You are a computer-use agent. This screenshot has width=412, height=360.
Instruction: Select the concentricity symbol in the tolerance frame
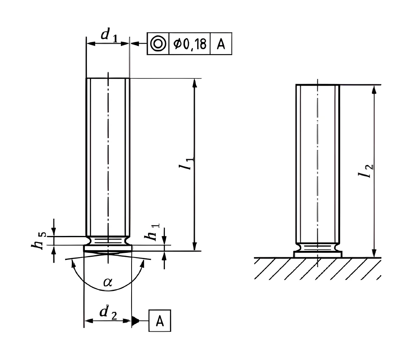tap(157, 44)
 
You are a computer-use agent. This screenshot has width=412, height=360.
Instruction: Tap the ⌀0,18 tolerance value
tap(189, 44)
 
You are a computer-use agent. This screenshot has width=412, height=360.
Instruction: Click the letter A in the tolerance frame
tap(221, 44)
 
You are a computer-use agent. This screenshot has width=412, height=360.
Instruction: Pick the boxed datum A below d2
tap(160, 321)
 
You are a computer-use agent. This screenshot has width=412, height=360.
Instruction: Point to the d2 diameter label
tap(108, 312)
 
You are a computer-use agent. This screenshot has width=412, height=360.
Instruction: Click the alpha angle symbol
tap(108, 282)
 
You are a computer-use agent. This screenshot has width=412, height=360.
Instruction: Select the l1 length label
tap(187, 163)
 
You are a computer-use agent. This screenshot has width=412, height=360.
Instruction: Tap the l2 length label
tap(366, 171)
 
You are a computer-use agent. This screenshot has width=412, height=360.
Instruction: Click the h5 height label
tap(39, 241)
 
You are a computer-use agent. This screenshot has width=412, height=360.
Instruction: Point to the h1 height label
tap(152, 232)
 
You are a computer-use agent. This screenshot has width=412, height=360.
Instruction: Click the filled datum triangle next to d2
tap(135, 321)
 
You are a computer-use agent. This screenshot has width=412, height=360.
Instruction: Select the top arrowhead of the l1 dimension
tap(194, 83)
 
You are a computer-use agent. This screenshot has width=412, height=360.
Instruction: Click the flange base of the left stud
tap(108, 248)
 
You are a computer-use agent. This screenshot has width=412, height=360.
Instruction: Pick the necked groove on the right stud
tap(318, 247)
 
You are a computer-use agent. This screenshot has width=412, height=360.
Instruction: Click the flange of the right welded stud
tap(318, 254)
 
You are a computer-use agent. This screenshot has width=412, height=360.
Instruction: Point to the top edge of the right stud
tap(318, 85)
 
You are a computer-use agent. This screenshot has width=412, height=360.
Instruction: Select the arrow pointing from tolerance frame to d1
tap(138, 44)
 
